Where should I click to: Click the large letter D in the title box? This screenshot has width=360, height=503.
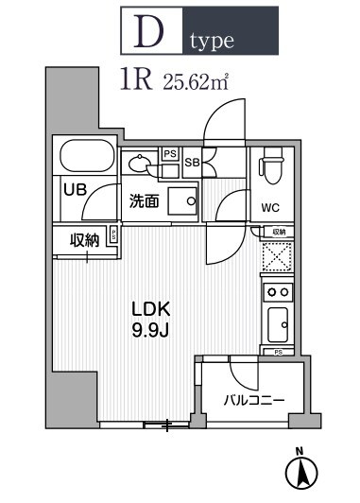[x=151, y=34]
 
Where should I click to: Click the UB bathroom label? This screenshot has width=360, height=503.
[x=75, y=189]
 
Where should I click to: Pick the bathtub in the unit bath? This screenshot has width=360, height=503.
[x=85, y=156]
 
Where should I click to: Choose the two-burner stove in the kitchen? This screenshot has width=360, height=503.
[x=279, y=292]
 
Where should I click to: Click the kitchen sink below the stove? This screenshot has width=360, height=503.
[x=279, y=327]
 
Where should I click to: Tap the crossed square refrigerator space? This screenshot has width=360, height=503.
[x=278, y=255]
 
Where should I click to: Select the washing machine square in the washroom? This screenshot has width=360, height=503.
[x=181, y=199]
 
